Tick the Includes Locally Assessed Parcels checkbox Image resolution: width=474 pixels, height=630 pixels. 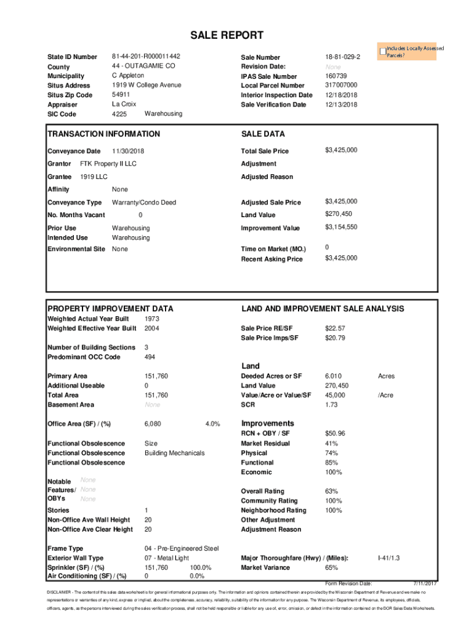click(383, 51)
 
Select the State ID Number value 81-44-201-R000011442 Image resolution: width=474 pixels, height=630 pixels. click(146, 56)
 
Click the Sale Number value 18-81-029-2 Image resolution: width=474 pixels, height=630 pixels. click(342, 57)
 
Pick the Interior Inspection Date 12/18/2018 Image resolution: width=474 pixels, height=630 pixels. click(341, 95)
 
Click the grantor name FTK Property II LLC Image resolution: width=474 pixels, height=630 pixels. click(108, 164)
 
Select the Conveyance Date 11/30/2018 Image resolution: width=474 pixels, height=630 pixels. click(128, 151)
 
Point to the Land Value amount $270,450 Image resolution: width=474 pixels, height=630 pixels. click(339, 214)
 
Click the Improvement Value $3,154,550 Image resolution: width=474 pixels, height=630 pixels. click(341, 227)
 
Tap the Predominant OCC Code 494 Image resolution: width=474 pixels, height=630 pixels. click(150, 357)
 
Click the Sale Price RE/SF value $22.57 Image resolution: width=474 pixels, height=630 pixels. click(335, 329)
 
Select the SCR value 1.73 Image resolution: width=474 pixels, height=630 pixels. click(331, 405)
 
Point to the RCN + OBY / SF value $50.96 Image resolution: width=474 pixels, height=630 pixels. click(335, 434)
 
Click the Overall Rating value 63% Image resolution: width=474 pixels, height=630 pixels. click(331, 491)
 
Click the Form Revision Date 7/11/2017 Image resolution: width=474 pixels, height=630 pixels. click(424, 583)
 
